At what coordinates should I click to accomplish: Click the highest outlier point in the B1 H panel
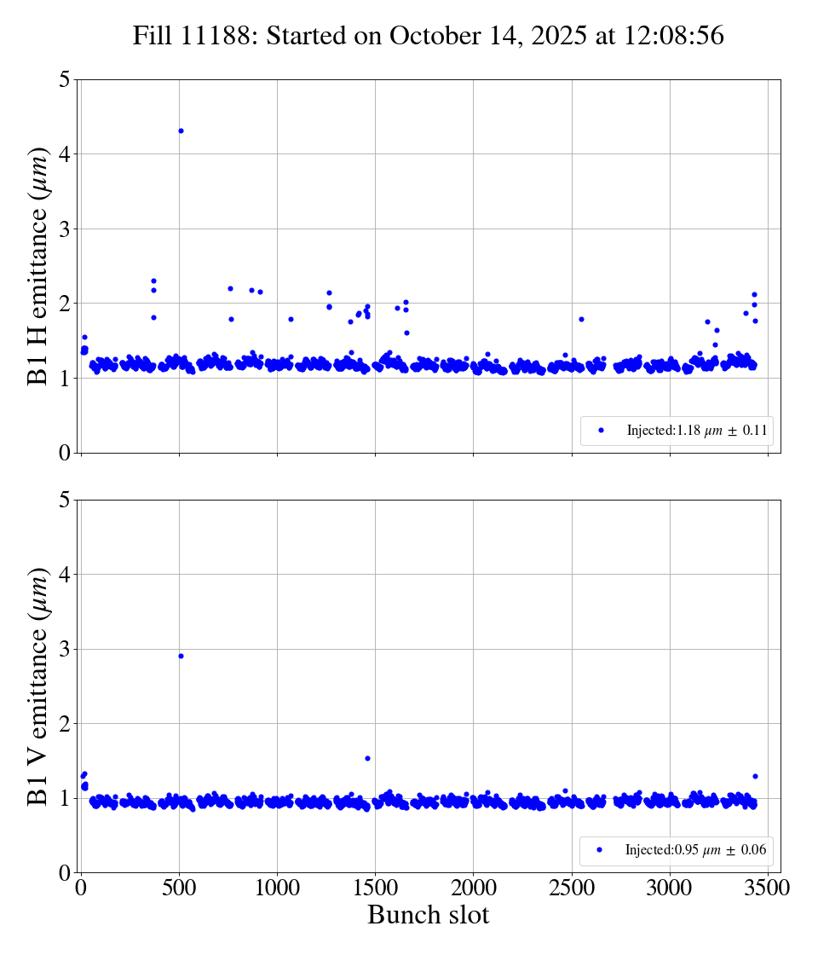(181, 130)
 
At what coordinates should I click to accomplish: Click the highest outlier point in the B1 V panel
(181, 656)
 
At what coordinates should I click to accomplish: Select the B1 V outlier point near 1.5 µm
(367, 758)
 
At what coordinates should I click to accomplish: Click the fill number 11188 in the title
(214, 36)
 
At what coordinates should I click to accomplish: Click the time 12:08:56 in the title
(675, 36)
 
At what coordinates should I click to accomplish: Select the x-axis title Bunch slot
(429, 915)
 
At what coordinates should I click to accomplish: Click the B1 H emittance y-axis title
(38, 266)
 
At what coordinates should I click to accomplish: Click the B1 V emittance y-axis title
(38, 686)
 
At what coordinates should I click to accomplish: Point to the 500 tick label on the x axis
(179, 888)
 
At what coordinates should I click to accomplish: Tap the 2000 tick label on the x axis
(474, 888)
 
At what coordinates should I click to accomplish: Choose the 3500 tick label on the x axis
(768, 888)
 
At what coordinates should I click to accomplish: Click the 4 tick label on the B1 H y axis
(65, 154)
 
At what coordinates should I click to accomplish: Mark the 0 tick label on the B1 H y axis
(65, 453)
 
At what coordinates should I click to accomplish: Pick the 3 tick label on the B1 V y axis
(65, 649)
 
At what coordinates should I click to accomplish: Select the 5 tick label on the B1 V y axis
(65, 500)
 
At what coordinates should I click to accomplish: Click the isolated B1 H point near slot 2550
(581, 319)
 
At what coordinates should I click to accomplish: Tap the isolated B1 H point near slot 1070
(291, 319)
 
